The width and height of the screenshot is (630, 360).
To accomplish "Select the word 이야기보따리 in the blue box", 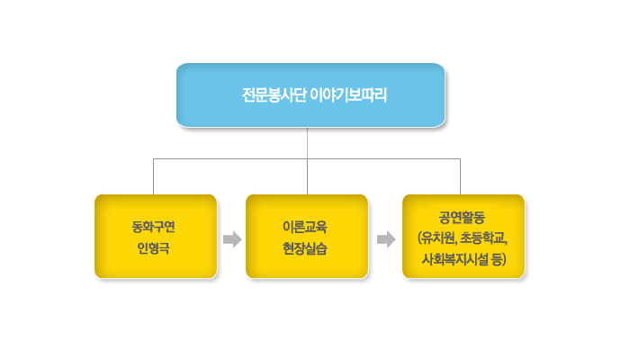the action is click(x=349, y=95).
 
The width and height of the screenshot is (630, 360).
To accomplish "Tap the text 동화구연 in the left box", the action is click(x=154, y=227).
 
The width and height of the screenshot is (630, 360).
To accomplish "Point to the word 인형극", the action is click(x=154, y=248).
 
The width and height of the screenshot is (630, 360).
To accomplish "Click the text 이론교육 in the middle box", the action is click(x=305, y=227).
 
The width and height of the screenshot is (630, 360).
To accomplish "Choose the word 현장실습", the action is click(x=305, y=248).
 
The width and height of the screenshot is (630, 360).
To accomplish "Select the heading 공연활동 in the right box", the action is click(x=462, y=218).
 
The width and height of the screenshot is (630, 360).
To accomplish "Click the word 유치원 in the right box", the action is click(x=439, y=238).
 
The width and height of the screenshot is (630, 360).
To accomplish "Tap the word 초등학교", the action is click(x=483, y=238).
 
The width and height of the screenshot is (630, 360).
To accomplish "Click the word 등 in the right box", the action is click(x=496, y=259).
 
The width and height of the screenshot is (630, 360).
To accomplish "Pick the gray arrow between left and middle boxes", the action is click(x=232, y=239).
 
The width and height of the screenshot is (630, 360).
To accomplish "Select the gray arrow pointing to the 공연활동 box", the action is click(x=386, y=239).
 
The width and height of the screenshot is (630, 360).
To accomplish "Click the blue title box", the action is click(x=310, y=95).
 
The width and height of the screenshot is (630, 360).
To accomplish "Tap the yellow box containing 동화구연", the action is click(x=156, y=236).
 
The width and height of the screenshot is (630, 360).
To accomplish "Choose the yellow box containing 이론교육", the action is click(x=307, y=236).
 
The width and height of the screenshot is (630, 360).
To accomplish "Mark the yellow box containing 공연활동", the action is click(x=463, y=236).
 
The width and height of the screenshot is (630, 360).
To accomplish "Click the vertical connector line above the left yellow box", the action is click(x=154, y=176).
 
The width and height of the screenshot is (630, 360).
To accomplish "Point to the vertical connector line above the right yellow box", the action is click(x=461, y=176).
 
